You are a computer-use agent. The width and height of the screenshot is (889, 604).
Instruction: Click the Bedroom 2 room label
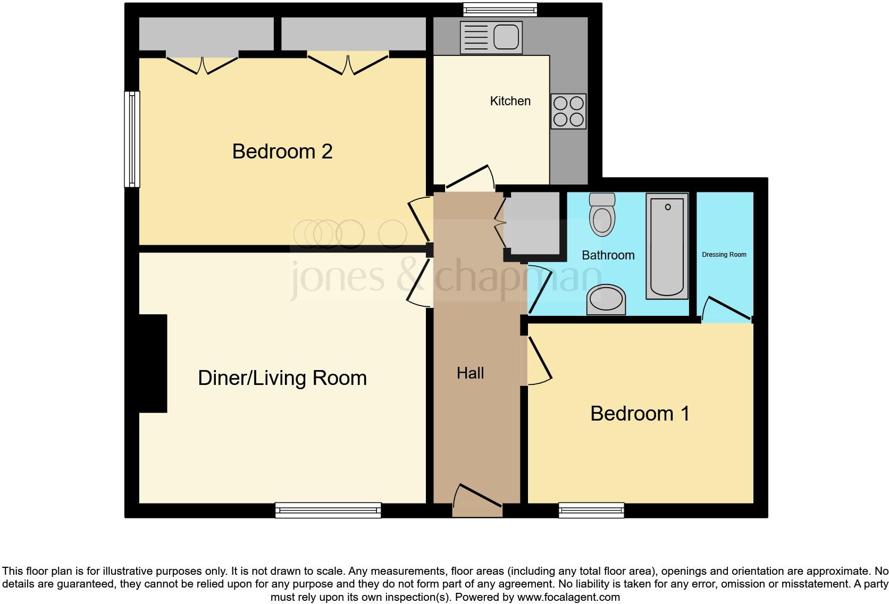click(x=282, y=152)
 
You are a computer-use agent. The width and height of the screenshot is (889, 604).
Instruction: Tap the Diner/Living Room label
click(x=282, y=378)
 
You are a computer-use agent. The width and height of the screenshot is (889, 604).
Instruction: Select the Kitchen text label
click(x=510, y=101)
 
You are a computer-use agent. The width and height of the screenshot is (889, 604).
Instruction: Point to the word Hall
click(x=470, y=373)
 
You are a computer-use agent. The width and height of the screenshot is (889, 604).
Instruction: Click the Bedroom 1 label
click(x=640, y=414)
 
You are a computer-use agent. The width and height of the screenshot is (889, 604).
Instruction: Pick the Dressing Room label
click(x=724, y=255)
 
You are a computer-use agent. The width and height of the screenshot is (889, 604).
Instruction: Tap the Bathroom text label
click(x=608, y=255)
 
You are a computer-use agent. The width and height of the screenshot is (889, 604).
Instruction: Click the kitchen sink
click(x=491, y=37)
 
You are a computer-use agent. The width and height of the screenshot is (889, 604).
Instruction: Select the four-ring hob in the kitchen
click(x=568, y=111)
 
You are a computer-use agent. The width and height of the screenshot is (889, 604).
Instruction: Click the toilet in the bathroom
click(x=602, y=215)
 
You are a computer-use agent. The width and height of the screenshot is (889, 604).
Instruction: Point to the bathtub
click(x=667, y=246)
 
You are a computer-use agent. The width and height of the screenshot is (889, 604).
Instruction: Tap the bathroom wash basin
click(x=606, y=300)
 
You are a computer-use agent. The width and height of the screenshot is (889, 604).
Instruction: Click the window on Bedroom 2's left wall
click(x=132, y=139)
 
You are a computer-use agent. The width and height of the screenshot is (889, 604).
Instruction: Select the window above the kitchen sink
click(x=500, y=9)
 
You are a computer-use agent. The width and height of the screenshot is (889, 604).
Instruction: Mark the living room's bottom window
click(x=328, y=510)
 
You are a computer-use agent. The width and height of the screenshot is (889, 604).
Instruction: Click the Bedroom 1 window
click(x=591, y=510)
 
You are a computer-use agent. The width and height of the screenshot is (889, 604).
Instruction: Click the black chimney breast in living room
click(x=153, y=363)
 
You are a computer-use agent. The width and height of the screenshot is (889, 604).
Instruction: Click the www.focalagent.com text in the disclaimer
click(x=568, y=597)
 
